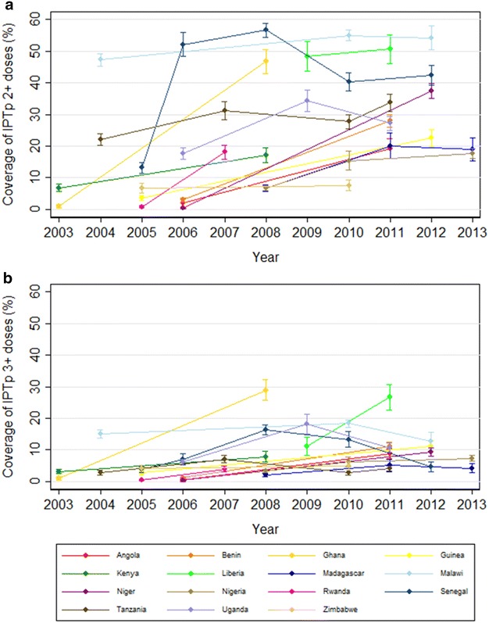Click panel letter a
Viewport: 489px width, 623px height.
coord(5,6)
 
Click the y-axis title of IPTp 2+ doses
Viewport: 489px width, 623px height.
coord(11,115)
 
